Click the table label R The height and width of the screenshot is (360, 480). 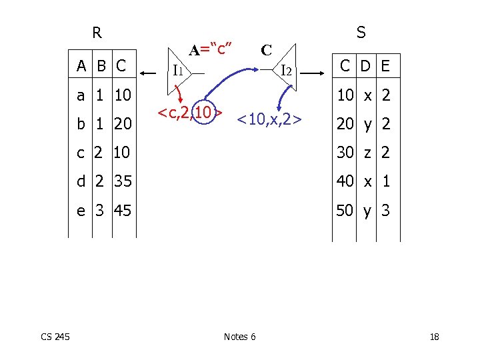97,33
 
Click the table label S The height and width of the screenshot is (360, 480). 361,33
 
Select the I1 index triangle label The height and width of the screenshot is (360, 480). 178,69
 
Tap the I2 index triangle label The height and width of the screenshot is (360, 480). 285,69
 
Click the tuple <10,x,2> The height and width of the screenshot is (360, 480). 270,119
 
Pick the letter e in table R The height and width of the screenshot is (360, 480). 81,211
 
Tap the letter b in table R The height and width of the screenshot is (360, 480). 81,124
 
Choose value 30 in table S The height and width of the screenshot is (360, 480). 345,153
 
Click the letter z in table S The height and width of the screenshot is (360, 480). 367,153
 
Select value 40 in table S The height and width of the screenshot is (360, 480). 345,181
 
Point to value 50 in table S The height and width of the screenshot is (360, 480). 345,211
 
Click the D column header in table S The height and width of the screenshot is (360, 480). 366,65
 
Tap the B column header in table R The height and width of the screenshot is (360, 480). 101,65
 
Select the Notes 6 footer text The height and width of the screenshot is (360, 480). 239,337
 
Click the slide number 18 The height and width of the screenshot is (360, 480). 434,337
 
